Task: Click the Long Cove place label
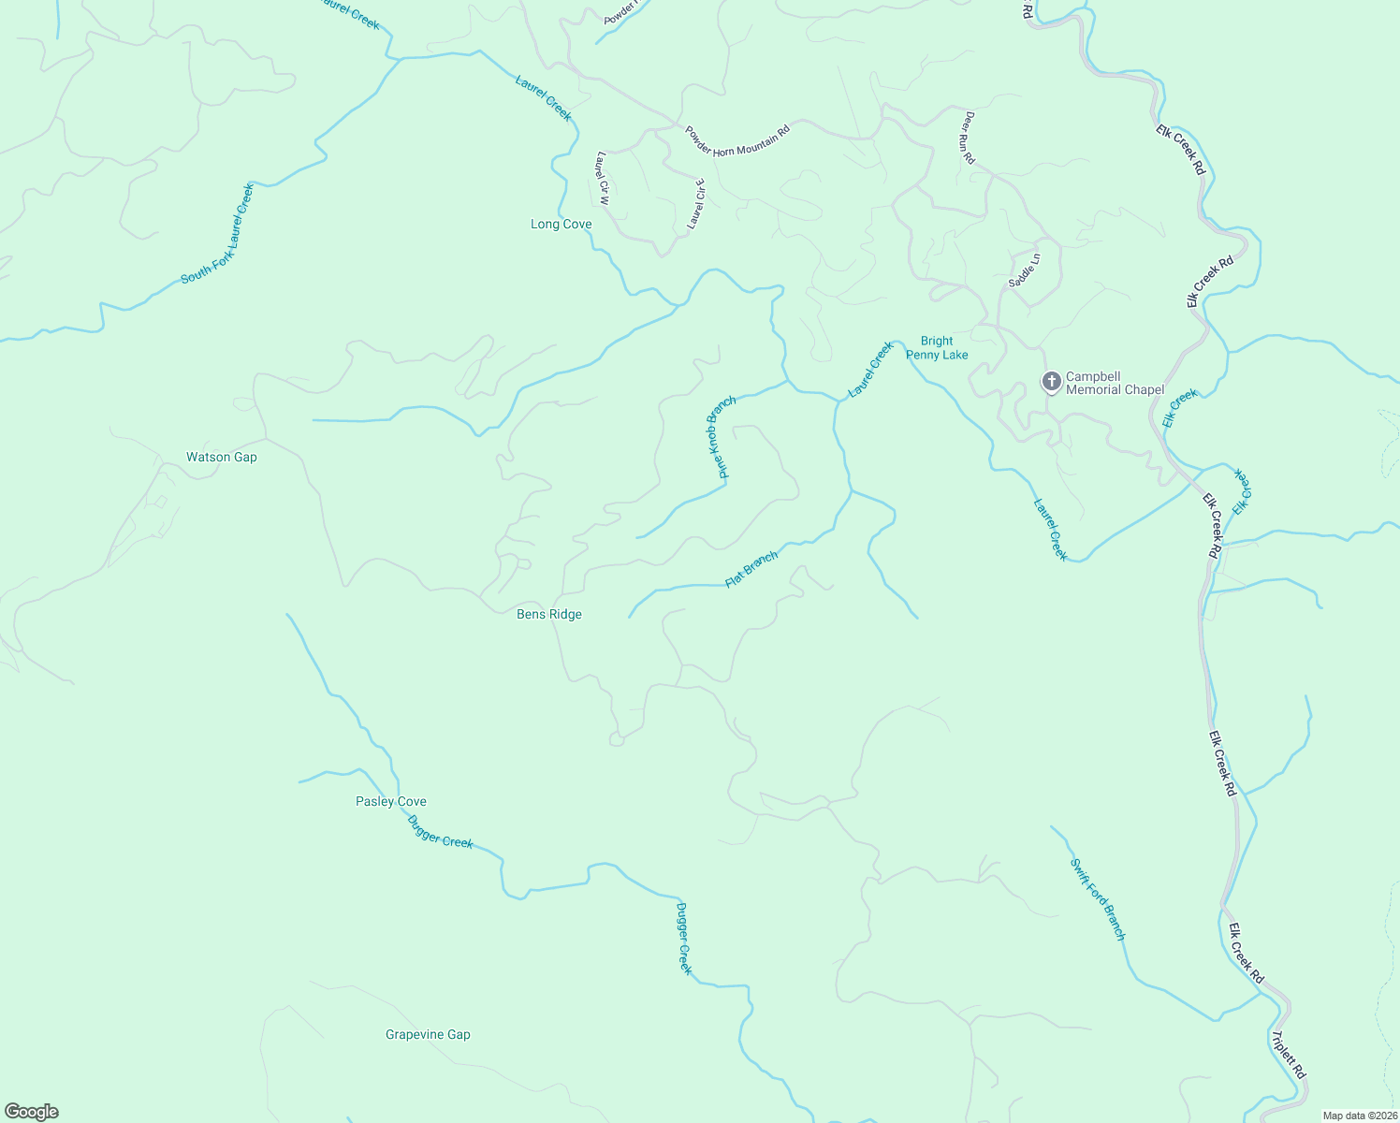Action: (x=561, y=225)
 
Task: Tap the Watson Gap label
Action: (x=221, y=458)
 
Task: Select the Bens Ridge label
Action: (x=549, y=615)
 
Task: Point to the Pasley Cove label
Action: (x=390, y=802)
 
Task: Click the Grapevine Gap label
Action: (x=428, y=1035)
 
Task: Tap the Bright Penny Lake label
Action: (x=937, y=348)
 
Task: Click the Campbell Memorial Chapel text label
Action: (x=1115, y=384)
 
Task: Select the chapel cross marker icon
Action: (x=1051, y=382)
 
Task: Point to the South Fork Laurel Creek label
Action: (x=218, y=233)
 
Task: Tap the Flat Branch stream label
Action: (x=751, y=569)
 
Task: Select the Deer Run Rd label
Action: (x=969, y=138)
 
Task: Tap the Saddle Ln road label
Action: (x=1024, y=270)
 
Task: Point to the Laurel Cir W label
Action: (x=603, y=178)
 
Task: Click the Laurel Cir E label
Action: (x=695, y=204)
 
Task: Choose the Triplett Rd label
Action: (x=1288, y=1055)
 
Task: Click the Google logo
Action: (x=32, y=1112)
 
